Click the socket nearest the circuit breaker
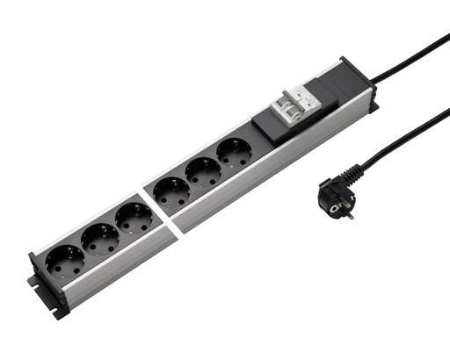[x=234, y=154]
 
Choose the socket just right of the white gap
[x=171, y=192]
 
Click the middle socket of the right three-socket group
[x=203, y=172]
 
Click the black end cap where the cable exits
[x=355, y=77]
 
